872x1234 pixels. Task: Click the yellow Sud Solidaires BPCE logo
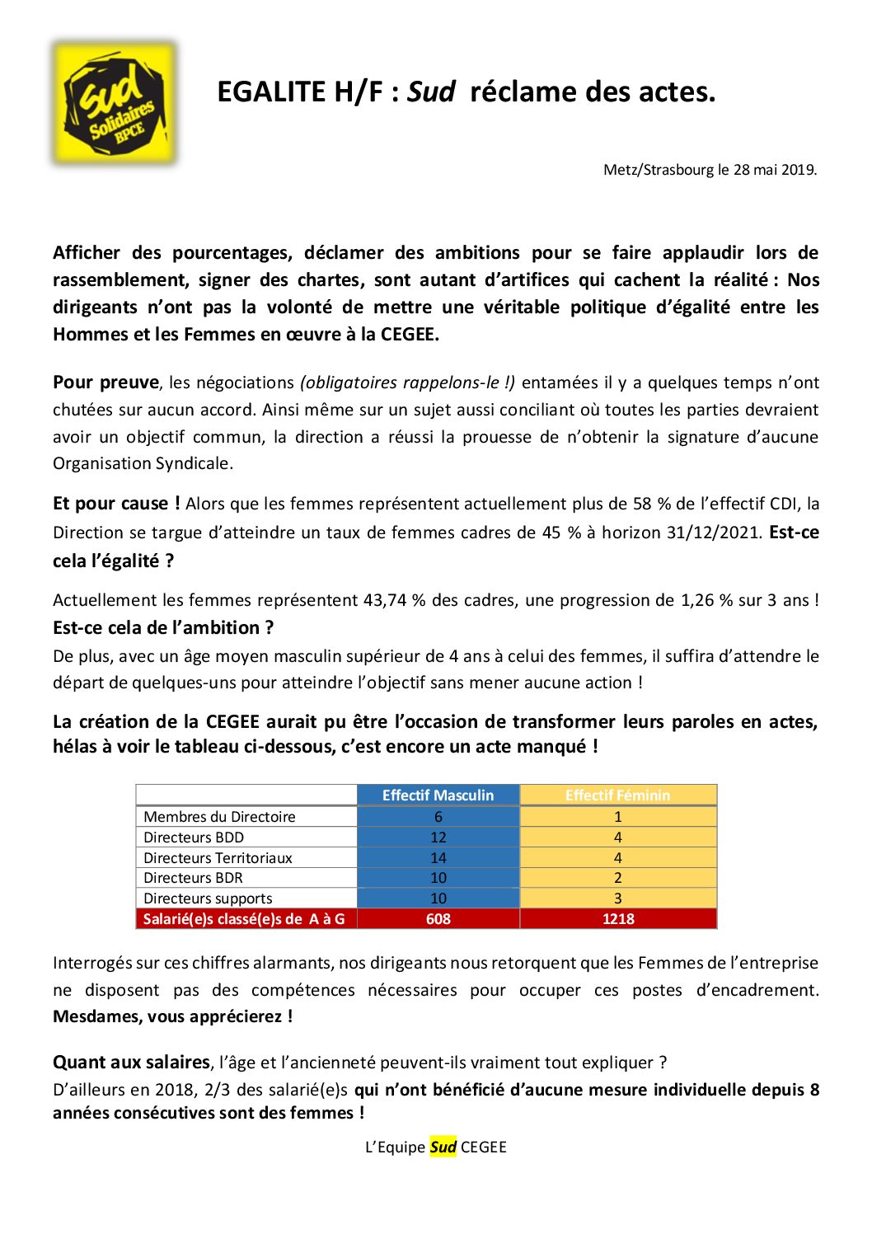coord(115,103)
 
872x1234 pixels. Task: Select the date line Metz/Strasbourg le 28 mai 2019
coord(710,170)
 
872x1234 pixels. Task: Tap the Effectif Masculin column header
coord(438,795)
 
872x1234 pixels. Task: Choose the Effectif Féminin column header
coord(617,795)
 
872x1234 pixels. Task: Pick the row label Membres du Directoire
coord(219,817)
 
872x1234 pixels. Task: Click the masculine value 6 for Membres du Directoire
coord(438,817)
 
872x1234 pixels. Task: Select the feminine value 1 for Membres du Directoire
coord(618,817)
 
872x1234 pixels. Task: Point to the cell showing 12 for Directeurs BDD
coord(438,838)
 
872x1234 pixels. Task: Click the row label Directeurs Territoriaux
coord(218,858)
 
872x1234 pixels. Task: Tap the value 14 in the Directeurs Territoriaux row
coord(438,858)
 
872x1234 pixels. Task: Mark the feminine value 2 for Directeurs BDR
coord(618,878)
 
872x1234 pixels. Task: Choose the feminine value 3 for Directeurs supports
coord(618,899)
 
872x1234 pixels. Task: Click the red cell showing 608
coord(438,919)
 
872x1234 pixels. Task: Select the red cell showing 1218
coord(618,919)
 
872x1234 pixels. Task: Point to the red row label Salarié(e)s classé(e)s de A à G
coord(244,919)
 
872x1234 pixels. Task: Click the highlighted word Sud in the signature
coord(443,1147)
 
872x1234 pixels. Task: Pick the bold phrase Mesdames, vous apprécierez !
coord(172,1016)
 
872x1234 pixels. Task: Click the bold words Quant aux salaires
coord(131,1063)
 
